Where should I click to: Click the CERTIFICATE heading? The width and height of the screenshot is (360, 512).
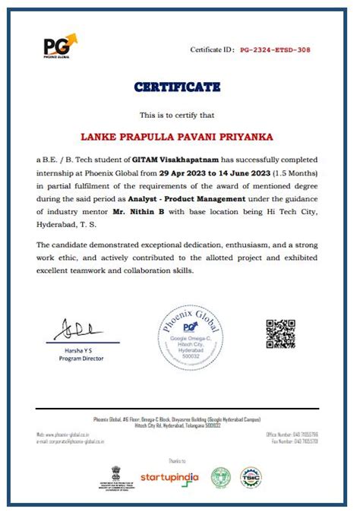177,87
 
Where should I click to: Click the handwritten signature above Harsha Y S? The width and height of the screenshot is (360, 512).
79,330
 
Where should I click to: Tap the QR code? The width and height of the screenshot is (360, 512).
280,335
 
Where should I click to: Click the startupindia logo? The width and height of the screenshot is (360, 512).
169,477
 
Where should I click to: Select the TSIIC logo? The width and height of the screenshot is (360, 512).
251,476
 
